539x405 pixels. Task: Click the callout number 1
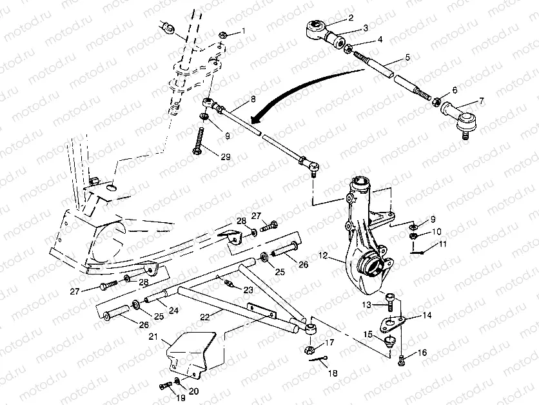click(x=244, y=31)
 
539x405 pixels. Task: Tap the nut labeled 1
click(x=222, y=35)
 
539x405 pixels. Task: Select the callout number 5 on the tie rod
click(x=407, y=57)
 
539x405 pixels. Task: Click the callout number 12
click(x=324, y=256)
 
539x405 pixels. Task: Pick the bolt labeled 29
click(x=199, y=141)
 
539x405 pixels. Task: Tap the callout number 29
click(x=226, y=157)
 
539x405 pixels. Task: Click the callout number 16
click(x=422, y=353)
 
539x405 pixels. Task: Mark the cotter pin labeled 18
click(x=318, y=359)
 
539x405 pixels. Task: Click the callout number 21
click(x=153, y=337)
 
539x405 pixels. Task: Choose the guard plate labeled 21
click(x=191, y=353)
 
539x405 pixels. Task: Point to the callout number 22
click(x=205, y=317)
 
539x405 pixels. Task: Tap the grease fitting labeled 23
click(x=229, y=283)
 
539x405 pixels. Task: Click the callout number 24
click(x=173, y=310)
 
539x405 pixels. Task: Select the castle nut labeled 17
click(x=309, y=350)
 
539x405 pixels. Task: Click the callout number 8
click(x=253, y=99)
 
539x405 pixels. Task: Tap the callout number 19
click(x=181, y=398)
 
